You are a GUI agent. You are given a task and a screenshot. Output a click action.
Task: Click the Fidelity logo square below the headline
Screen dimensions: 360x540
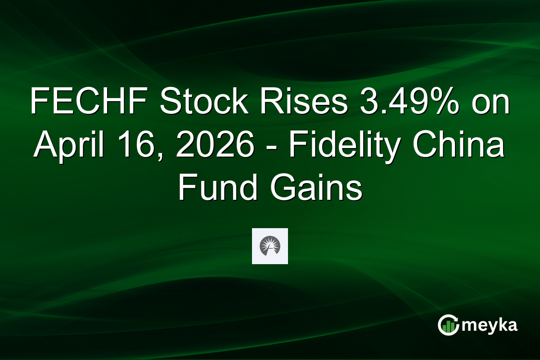[x=270, y=246]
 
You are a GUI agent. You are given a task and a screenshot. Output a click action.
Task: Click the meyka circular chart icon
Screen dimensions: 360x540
[x=449, y=325]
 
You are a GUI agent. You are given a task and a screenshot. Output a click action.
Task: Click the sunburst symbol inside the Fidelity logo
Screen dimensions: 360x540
[x=270, y=245]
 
